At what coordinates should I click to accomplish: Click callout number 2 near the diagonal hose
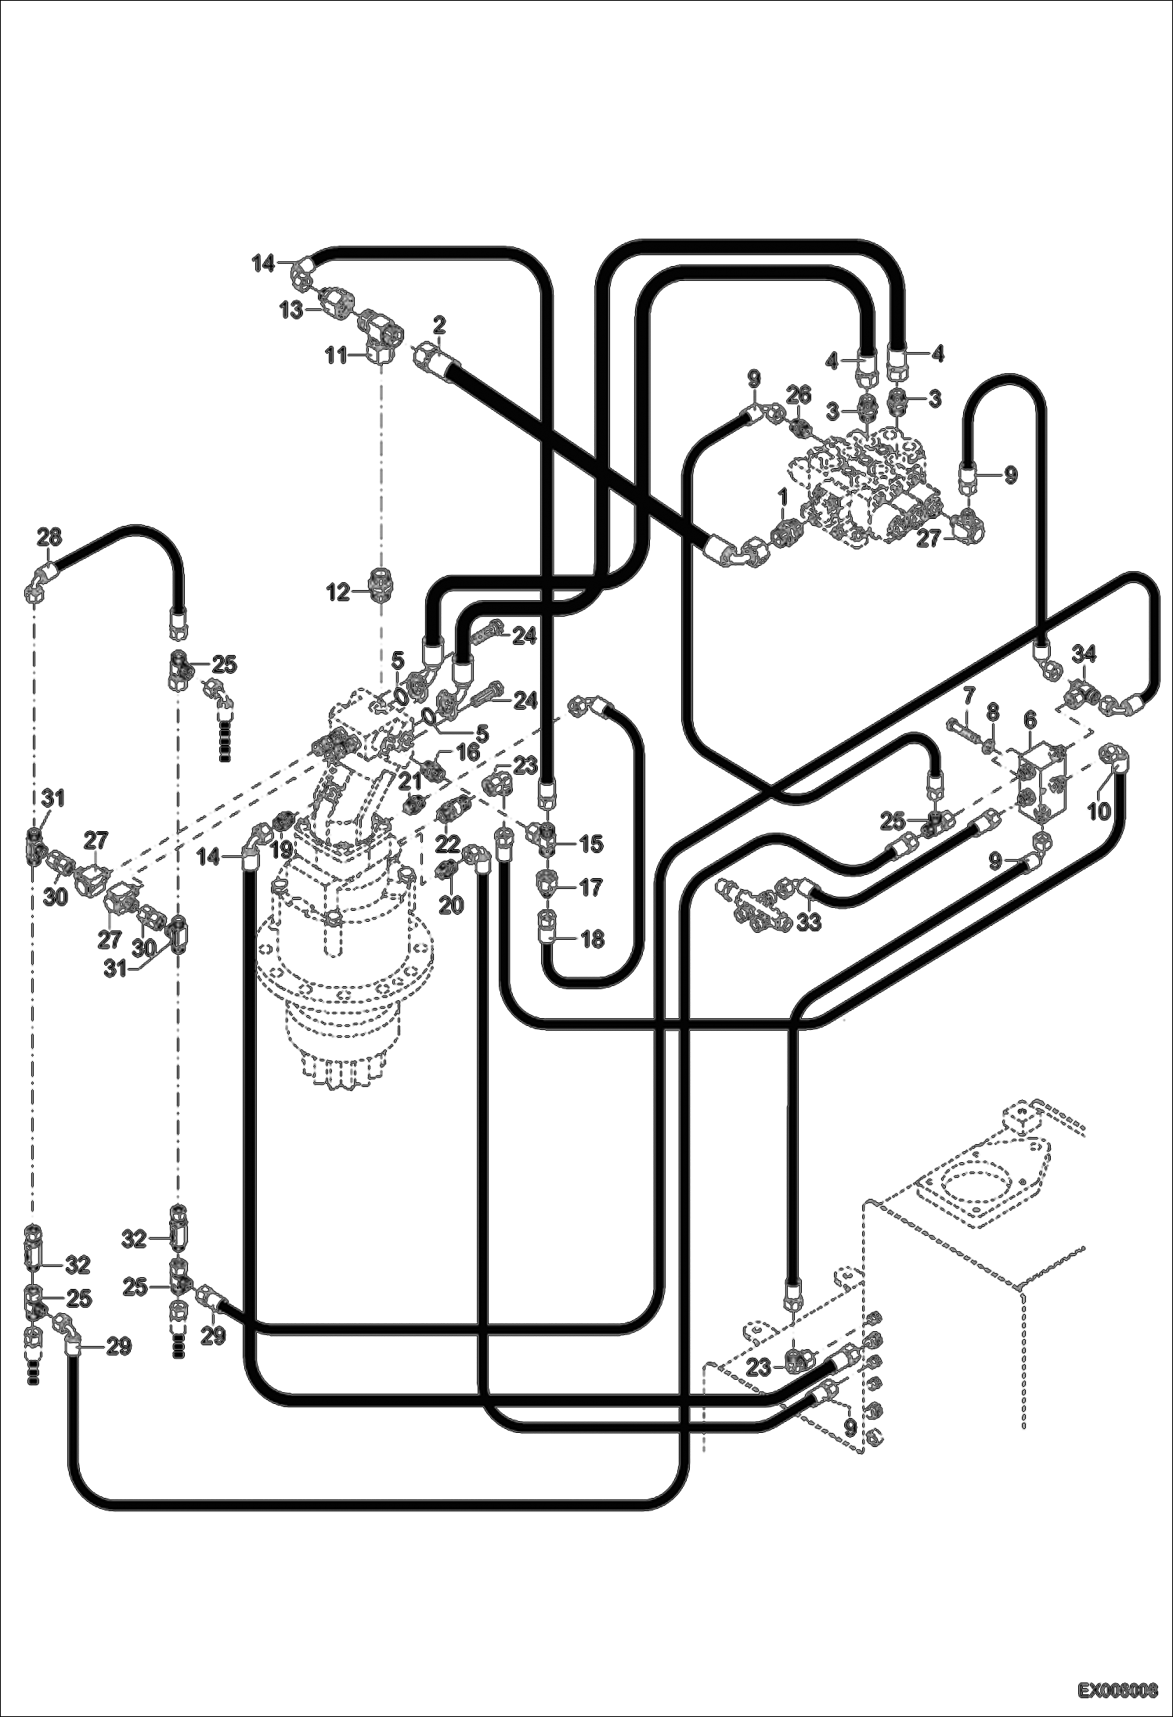pyautogui.click(x=439, y=323)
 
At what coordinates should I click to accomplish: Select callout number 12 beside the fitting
pyautogui.click(x=338, y=592)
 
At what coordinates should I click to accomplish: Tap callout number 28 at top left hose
pyautogui.click(x=49, y=537)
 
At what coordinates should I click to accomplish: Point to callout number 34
pyautogui.click(x=1084, y=653)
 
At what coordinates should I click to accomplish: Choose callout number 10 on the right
pyautogui.click(x=1099, y=812)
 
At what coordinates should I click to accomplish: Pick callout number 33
pyautogui.click(x=809, y=922)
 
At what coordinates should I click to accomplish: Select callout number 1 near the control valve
pyautogui.click(x=782, y=498)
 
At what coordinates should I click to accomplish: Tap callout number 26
pyautogui.click(x=798, y=393)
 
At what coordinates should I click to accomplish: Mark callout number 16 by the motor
pyautogui.click(x=467, y=754)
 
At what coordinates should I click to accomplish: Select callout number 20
pyautogui.click(x=450, y=905)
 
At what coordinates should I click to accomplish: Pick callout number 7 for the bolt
pyautogui.click(x=969, y=696)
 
